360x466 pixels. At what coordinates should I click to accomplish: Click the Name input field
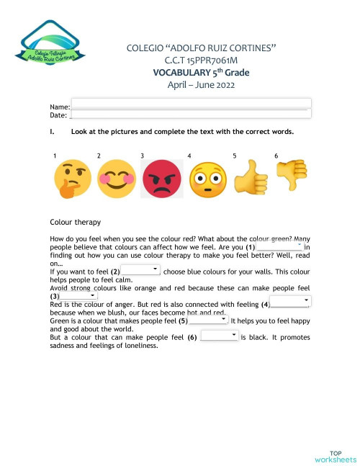coord(191,103)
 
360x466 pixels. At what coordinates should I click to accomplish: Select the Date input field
coord(191,114)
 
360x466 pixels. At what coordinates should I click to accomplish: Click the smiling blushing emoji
coord(114,179)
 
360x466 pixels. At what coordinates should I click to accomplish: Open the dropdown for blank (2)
coord(140,269)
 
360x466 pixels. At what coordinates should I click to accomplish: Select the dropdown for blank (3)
coord(78,295)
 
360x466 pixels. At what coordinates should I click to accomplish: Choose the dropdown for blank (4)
coord(290,303)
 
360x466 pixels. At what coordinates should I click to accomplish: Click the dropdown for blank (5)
coord(208,320)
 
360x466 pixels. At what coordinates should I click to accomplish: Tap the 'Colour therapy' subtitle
coord(76,222)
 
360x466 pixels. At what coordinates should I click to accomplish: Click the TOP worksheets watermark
coord(335,455)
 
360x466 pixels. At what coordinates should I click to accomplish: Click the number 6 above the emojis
coord(276,156)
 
